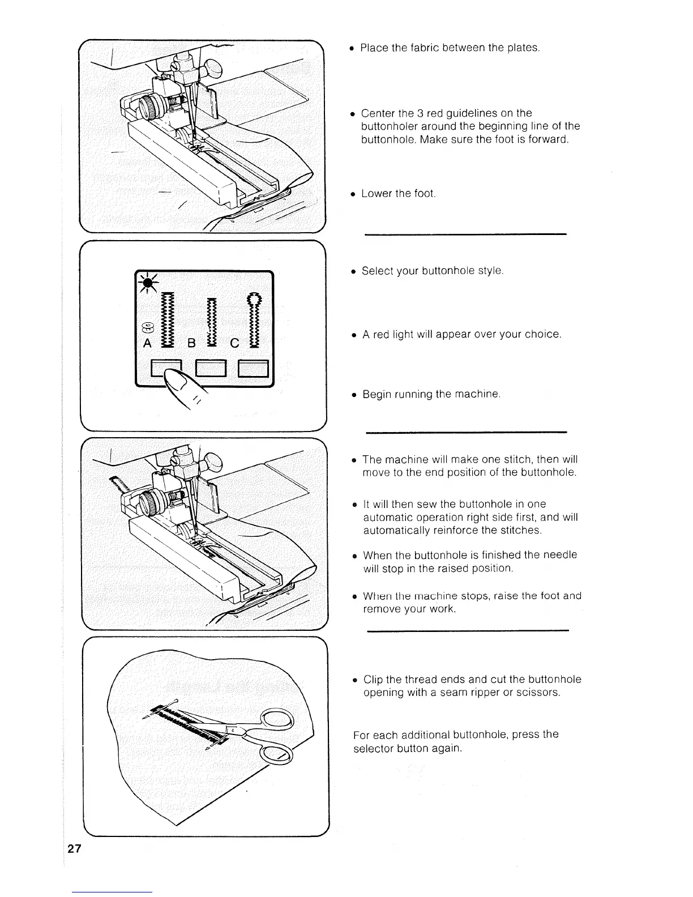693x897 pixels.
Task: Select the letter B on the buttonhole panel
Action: (x=192, y=343)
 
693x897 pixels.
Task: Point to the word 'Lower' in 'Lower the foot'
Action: (x=377, y=194)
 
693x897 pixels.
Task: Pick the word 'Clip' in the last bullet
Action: (x=373, y=680)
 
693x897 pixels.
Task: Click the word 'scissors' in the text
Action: (x=537, y=693)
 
